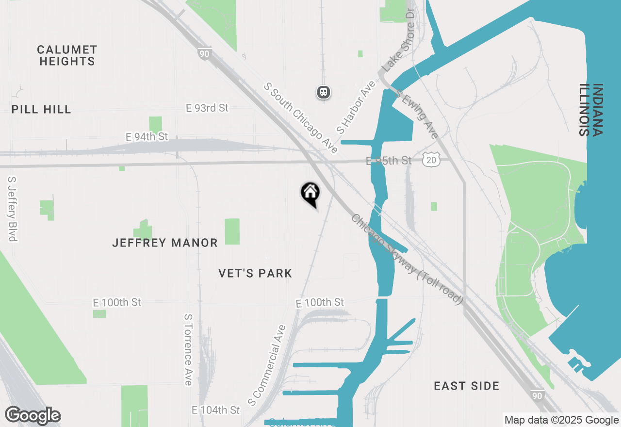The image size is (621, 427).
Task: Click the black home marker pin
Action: tap(310, 194)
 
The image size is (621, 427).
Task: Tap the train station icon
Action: tap(324, 92)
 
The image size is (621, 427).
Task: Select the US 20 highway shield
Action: tap(431, 160)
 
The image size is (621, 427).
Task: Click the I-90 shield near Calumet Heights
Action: tap(204, 54)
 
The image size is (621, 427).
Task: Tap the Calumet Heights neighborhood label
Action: tap(67, 55)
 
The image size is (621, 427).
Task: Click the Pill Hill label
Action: tap(41, 109)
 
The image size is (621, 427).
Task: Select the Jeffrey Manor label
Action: tap(165, 243)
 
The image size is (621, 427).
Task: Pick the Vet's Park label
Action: tap(255, 273)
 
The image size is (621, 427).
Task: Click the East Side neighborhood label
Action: tap(466, 386)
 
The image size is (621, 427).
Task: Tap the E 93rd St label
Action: tap(207, 108)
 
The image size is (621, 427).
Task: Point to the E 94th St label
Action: tap(147, 137)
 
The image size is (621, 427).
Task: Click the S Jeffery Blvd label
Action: tap(13, 208)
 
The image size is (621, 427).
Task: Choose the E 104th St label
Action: tap(215, 410)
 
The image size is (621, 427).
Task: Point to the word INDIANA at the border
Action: tap(597, 111)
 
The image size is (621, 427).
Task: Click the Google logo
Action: tap(33, 415)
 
